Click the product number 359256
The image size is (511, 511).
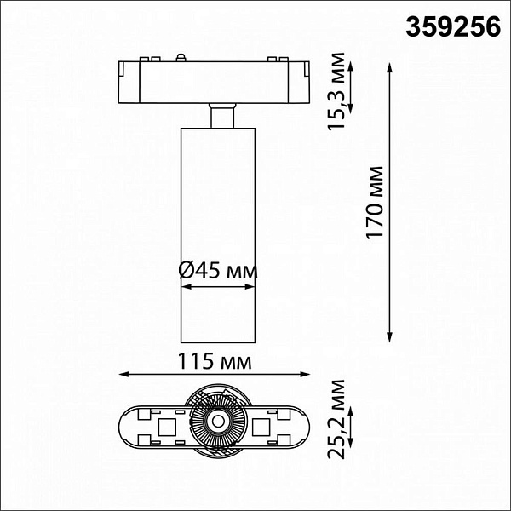click(x=453, y=27)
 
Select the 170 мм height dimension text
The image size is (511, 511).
click(x=375, y=203)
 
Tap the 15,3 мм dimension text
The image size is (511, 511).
click(x=336, y=91)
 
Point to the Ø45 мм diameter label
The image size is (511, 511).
click(x=218, y=271)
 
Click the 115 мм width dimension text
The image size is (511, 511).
click(x=215, y=361)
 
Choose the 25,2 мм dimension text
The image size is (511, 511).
click(x=336, y=419)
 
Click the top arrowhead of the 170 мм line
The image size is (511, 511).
click(x=390, y=68)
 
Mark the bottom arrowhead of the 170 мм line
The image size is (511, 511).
click(x=390, y=337)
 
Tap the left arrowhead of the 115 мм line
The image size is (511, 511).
click(x=124, y=374)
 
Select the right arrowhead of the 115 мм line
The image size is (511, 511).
click(x=304, y=374)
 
